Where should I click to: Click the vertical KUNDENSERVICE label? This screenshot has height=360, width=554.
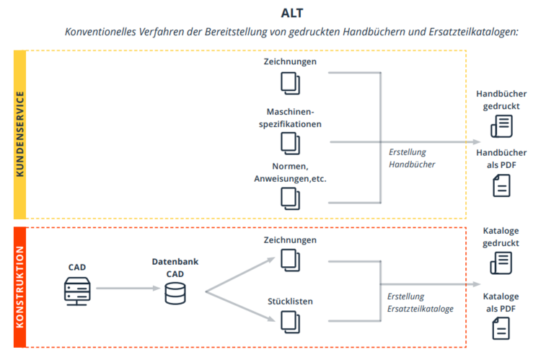click(20, 134)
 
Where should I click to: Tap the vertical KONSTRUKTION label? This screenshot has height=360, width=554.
click(20, 286)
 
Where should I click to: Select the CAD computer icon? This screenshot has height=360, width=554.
click(77, 289)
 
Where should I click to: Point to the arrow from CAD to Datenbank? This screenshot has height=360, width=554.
click(126, 289)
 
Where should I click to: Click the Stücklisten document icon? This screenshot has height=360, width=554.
click(290, 320)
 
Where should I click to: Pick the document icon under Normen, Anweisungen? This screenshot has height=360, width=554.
click(290, 197)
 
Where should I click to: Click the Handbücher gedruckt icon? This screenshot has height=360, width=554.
click(501, 126)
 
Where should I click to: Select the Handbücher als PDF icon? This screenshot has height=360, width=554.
click(501, 185)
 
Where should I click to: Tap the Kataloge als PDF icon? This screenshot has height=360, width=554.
click(501, 328)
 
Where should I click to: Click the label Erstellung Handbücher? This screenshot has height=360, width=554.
click(412, 158)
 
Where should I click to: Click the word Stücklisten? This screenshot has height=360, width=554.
click(289, 301)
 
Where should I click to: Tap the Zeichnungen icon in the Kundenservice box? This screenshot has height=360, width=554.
click(290, 83)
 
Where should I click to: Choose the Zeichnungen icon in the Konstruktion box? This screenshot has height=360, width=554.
click(290, 259)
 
